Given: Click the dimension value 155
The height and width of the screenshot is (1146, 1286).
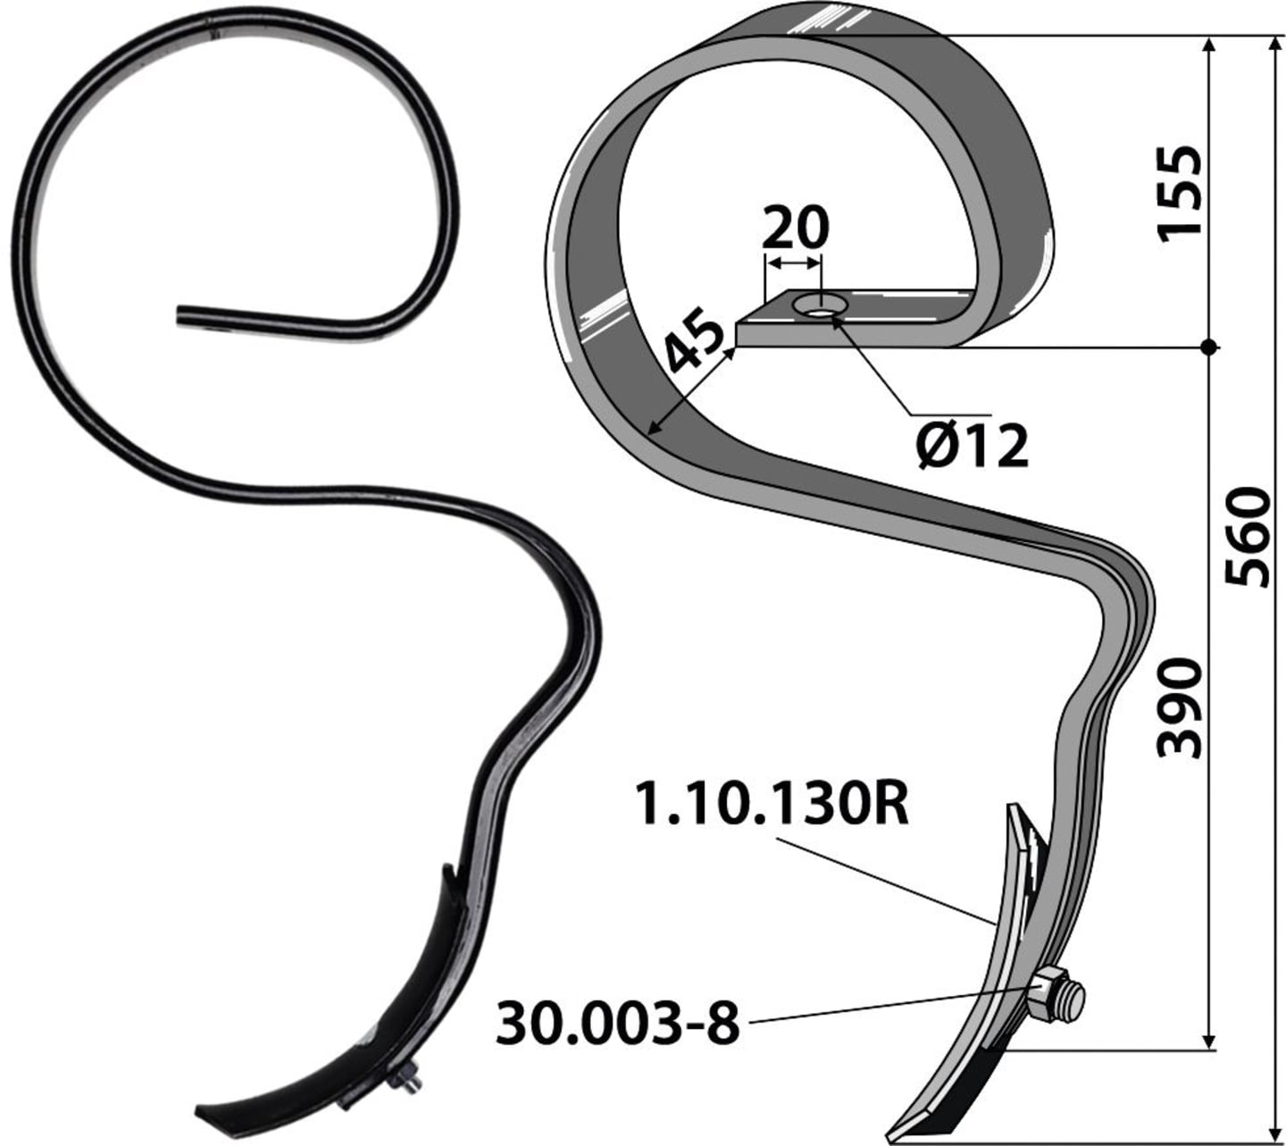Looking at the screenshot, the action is coord(1180,195).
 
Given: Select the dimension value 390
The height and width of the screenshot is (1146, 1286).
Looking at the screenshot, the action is coord(1180,708).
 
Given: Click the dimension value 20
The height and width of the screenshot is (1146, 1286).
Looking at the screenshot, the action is coord(796,227).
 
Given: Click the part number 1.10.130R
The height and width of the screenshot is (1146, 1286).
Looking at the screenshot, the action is coord(772,803).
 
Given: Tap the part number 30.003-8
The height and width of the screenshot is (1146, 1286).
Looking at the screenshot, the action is coord(618,1023).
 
